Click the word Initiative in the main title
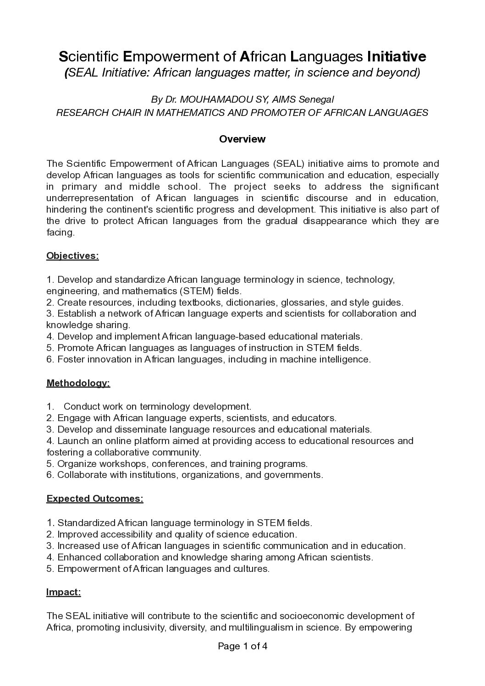pyautogui.click(x=397, y=56)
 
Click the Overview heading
pyautogui.click(x=242, y=139)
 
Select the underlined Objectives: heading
pyautogui.click(x=72, y=256)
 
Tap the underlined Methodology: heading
pyautogui.click(x=78, y=383)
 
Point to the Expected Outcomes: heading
pyautogui.click(x=95, y=499)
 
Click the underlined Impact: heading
pyautogui.click(x=63, y=592)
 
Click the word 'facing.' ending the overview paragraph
pyautogui.click(x=60, y=233)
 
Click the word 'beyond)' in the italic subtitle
pyautogui.click(x=401, y=73)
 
